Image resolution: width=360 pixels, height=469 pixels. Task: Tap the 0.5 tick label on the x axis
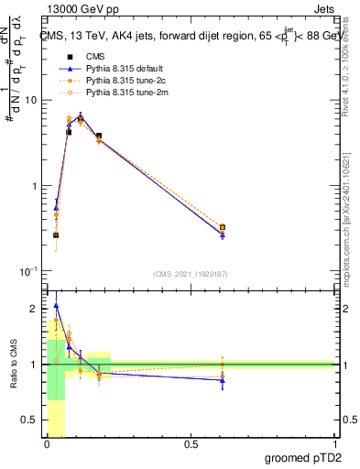tap(191, 444)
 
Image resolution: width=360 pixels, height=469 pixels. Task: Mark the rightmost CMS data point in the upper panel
tap(223, 227)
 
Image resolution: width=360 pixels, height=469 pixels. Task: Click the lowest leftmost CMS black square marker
tap(56, 234)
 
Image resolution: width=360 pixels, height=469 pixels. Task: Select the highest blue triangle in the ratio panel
tap(56, 306)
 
